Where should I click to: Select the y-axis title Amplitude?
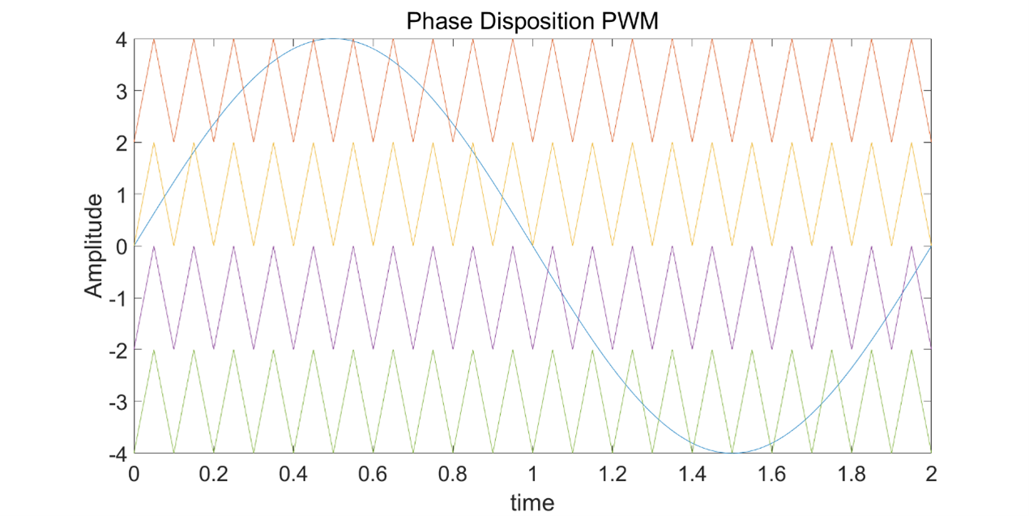pyautogui.click(x=95, y=245)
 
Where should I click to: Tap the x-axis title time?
pyautogui.click(x=532, y=502)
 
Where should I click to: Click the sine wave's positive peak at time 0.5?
pyautogui.click(x=333, y=39)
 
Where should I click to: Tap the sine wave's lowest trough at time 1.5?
pyautogui.click(x=732, y=452)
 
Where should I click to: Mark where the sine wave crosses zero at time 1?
pyautogui.click(x=532, y=246)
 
